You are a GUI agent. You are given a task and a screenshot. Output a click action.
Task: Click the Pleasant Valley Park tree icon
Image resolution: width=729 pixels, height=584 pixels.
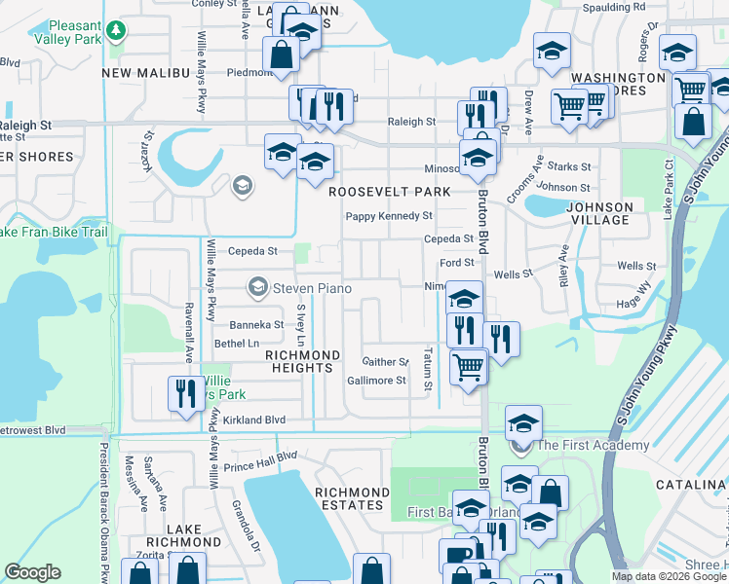pos(116,31)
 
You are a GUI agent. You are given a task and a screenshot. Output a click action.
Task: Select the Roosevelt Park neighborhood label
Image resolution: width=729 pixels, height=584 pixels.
pos(389,192)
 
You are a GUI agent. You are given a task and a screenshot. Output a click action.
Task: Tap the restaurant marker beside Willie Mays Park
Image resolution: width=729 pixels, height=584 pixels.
pos(184,393)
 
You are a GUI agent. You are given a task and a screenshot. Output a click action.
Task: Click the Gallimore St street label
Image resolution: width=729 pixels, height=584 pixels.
pos(376,381)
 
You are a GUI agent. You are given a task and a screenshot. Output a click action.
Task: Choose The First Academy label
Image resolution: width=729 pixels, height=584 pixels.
pos(593,446)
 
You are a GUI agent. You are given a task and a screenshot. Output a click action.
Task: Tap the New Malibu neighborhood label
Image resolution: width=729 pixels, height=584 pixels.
pos(144,73)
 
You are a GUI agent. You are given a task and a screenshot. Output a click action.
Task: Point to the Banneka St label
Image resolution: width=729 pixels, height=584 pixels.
pos(255,325)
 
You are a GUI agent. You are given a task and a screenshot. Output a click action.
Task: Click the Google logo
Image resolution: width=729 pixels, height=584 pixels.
pos(32,572)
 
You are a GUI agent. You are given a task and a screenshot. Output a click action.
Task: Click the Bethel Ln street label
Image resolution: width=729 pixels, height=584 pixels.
pos(237,344)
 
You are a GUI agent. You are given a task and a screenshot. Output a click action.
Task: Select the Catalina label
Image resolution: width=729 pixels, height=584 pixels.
pos(695,484)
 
